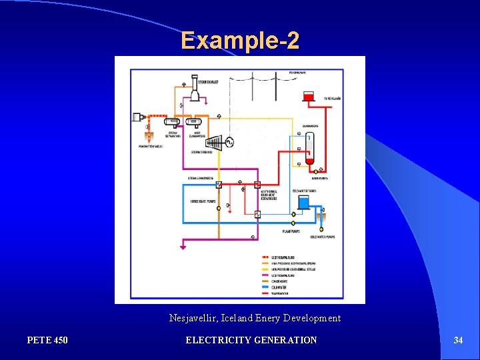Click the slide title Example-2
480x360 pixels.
coord(240,41)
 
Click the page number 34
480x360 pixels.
coord(458,341)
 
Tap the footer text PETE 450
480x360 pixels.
coord(47,341)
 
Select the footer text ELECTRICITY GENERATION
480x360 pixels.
coord(251,341)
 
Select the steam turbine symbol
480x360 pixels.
coord(214,143)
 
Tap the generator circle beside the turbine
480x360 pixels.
coord(230,143)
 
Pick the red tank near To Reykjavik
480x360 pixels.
coord(308,97)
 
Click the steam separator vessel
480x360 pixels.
coord(173,122)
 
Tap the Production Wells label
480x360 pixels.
coord(151,146)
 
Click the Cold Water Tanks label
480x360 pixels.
coord(305,191)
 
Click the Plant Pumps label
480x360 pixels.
coord(291,231)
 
